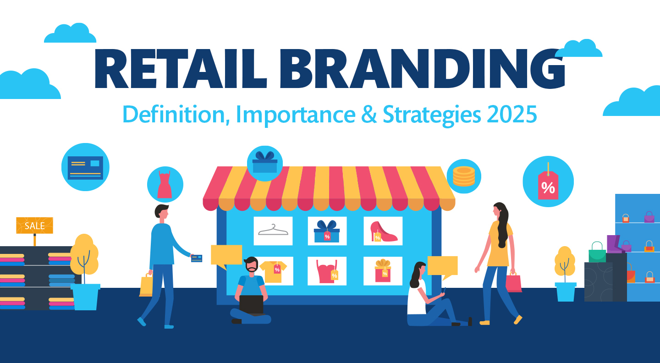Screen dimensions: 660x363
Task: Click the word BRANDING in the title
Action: [x=422, y=69]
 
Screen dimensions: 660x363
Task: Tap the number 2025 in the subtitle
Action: [x=512, y=114]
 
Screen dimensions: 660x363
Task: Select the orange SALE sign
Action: [x=34, y=225]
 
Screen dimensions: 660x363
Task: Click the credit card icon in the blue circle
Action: [x=85, y=168]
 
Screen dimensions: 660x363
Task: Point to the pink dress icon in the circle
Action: [x=165, y=184]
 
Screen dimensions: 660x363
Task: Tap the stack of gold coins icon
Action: [x=464, y=176]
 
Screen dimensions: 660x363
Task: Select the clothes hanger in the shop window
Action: [x=273, y=230]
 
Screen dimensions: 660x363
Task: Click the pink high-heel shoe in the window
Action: [x=383, y=232]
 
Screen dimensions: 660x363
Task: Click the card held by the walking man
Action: [x=197, y=258]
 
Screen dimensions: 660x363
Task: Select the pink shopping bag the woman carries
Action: [x=513, y=282]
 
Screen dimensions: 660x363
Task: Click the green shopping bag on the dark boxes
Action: [x=597, y=253]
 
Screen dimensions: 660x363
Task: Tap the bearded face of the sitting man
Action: [x=251, y=265]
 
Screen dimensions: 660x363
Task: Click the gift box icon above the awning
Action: [x=265, y=162]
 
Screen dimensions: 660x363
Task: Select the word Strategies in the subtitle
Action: [x=432, y=115]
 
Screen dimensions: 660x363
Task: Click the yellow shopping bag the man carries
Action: [x=146, y=285]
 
